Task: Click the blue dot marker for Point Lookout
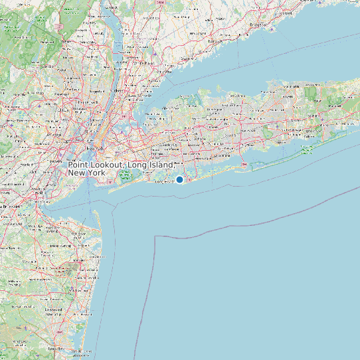(179, 179)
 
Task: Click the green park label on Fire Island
(306, 150)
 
